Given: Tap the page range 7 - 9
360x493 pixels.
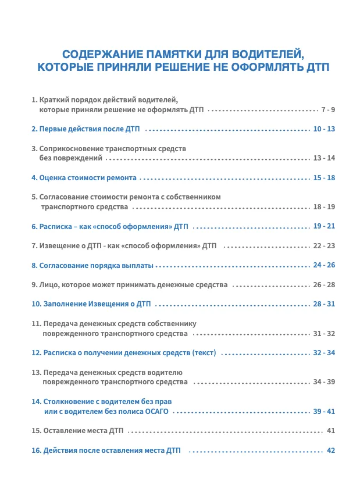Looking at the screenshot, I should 328,109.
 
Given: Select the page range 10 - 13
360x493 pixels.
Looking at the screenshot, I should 325,128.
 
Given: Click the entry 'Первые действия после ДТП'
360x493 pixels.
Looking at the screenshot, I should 87,128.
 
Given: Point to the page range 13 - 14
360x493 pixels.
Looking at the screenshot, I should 325,158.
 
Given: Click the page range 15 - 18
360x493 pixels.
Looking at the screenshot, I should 325,177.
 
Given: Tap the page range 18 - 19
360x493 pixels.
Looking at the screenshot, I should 325,206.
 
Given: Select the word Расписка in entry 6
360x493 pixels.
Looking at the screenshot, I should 55,226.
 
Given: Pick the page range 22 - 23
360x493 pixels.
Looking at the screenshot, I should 325,246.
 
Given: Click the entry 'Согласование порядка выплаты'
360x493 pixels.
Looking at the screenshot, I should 92,266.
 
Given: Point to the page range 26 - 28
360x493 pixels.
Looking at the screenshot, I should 325,285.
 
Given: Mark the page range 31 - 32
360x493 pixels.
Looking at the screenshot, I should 325,334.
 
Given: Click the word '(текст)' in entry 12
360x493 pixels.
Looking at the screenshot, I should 204,353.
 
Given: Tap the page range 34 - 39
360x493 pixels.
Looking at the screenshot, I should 325,382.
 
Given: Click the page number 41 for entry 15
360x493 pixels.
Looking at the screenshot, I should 332,431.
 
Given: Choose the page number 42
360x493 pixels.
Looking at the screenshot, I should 332,451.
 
